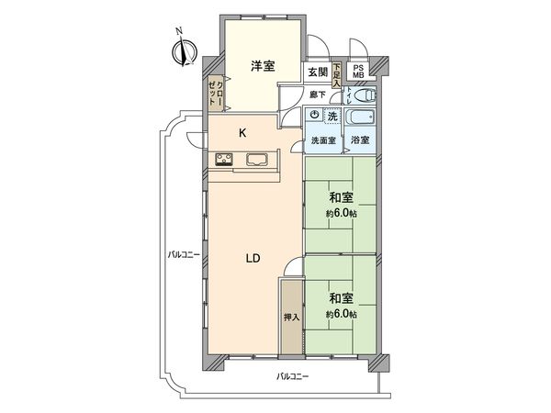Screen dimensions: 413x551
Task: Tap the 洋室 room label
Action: [x=264, y=65]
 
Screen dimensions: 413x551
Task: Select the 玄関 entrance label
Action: [x=317, y=72]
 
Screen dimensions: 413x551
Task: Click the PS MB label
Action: [x=359, y=71]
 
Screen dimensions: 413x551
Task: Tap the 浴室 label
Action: [x=361, y=140]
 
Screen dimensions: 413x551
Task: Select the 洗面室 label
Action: [x=322, y=140]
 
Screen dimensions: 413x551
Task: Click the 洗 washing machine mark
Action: [x=332, y=116]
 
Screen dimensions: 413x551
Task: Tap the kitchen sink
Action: [x=257, y=160]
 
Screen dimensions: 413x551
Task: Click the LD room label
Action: [x=253, y=258]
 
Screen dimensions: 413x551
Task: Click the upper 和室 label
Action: [x=342, y=197]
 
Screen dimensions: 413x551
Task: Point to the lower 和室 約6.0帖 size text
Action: [x=341, y=314]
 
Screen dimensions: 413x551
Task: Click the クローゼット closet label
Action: [x=216, y=93]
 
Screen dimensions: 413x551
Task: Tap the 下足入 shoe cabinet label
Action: [x=337, y=72]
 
